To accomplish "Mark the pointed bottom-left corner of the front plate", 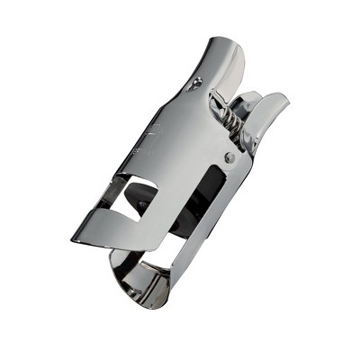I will tap(73, 240).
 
